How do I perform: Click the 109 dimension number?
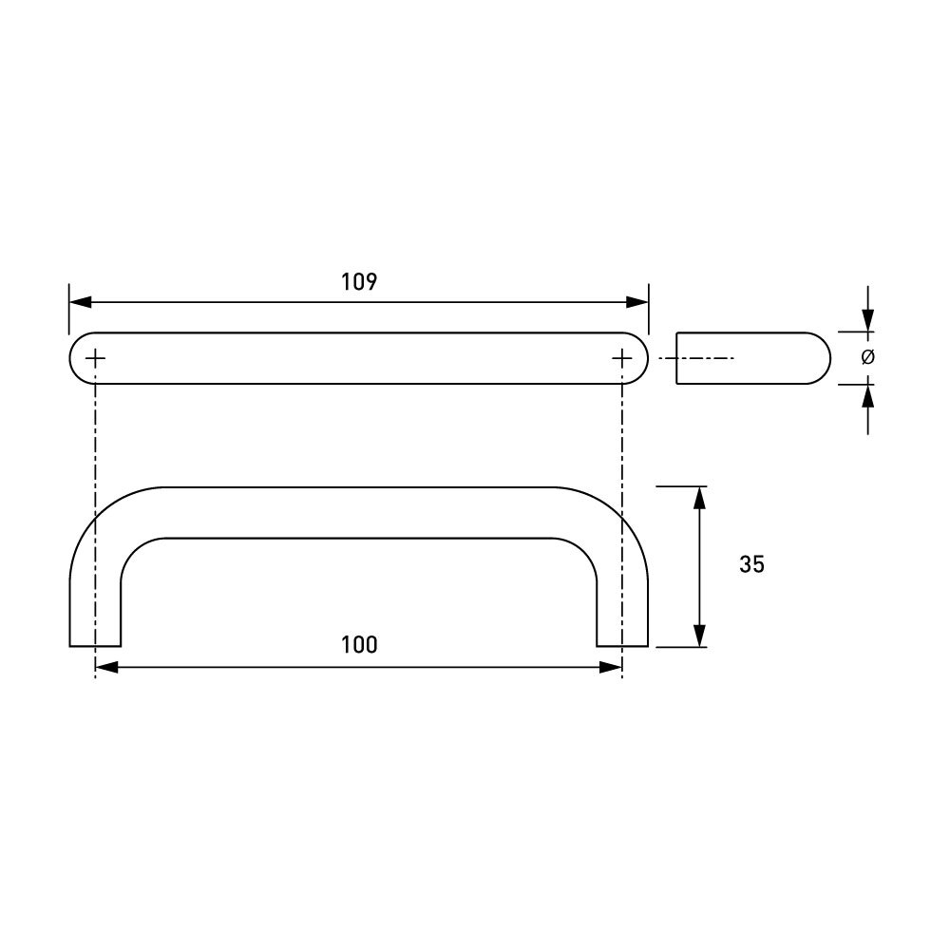pos(359,282)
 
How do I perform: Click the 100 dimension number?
pos(359,645)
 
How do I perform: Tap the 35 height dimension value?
pos(751,564)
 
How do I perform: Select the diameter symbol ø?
pos(867,358)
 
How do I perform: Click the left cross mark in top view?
pos(96,358)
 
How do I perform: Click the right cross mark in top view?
pos(621,358)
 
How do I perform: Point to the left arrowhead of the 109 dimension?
pos(80,302)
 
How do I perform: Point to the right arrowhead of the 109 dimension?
pos(637,302)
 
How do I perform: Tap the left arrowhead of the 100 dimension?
pos(105,668)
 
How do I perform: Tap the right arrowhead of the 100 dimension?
pos(611,668)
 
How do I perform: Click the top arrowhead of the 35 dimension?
pos(700,498)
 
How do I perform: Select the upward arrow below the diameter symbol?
pos(867,396)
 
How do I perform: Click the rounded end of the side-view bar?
pos(822,358)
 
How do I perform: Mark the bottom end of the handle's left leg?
pos(95,645)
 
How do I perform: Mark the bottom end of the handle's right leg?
pos(622,645)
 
